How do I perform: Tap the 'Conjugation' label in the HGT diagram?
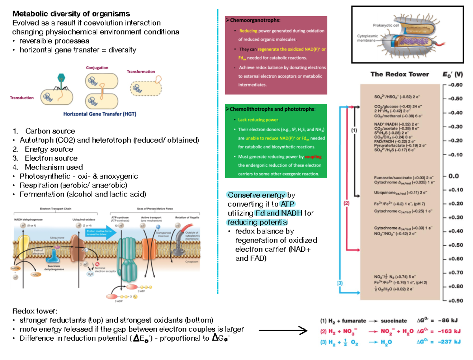click(x=97, y=68)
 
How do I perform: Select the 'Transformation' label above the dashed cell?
click(x=141, y=72)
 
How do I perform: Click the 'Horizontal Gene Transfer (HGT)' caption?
click(x=100, y=115)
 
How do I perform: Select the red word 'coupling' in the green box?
click(x=313, y=156)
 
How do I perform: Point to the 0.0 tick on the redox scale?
click(x=454, y=176)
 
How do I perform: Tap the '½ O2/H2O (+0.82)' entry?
click(x=394, y=289)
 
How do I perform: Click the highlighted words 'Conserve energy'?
click(x=256, y=195)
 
